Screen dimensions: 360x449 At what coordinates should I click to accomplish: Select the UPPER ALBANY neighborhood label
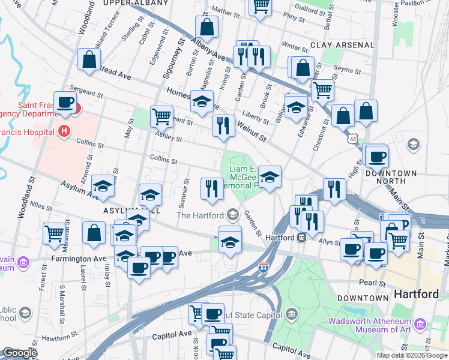pyautogui.click(x=136, y=3)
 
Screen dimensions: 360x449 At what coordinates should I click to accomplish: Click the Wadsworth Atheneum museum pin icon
pyautogui.click(x=420, y=325)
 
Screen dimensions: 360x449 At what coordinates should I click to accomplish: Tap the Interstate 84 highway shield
pyautogui.click(x=263, y=266)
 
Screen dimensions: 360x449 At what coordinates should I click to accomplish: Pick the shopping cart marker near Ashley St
pyautogui.click(x=161, y=116)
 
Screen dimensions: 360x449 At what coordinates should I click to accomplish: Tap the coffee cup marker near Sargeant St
pyautogui.click(x=65, y=101)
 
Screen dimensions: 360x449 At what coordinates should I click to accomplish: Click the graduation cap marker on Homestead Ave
pyautogui.click(x=202, y=100)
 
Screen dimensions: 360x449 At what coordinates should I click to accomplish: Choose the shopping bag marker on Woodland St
pyautogui.click(x=89, y=59)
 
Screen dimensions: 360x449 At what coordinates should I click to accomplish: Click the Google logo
pyautogui.click(x=20, y=353)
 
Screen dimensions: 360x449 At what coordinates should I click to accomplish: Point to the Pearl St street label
pyautogui.click(x=371, y=282)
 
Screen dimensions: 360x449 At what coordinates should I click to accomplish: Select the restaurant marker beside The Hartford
pyautogui.click(x=211, y=188)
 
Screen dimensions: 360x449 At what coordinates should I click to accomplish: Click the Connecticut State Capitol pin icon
pyautogui.click(x=292, y=314)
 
